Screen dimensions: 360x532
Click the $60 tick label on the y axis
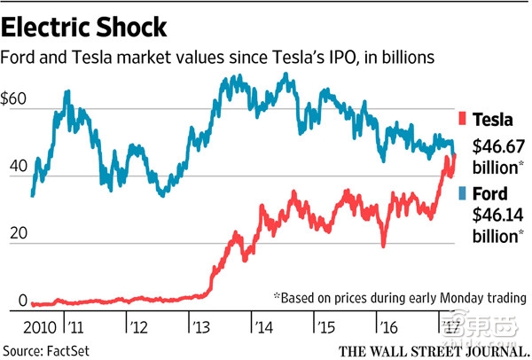pyautogui.click(x=17, y=100)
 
